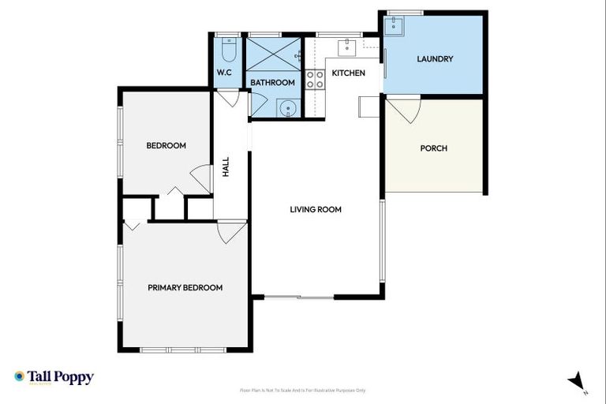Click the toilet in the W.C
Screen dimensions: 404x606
(x=228, y=53)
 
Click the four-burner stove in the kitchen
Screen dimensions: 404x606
(x=316, y=78)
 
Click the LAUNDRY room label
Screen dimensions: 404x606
(x=434, y=58)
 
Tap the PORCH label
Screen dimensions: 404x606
(x=433, y=148)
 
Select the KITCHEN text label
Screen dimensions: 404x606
(x=348, y=73)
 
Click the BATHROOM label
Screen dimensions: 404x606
(x=272, y=83)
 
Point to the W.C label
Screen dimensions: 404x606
(x=225, y=73)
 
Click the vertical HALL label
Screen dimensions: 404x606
(x=226, y=166)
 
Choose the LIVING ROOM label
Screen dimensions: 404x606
(x=315, y=209)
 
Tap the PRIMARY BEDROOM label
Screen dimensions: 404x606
(x=185, y=288)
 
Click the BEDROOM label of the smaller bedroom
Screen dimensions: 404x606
(x=166, y=145)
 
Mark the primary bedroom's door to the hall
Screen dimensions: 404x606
(x=230, y=232)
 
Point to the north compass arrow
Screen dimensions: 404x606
(x=577, y=380)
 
